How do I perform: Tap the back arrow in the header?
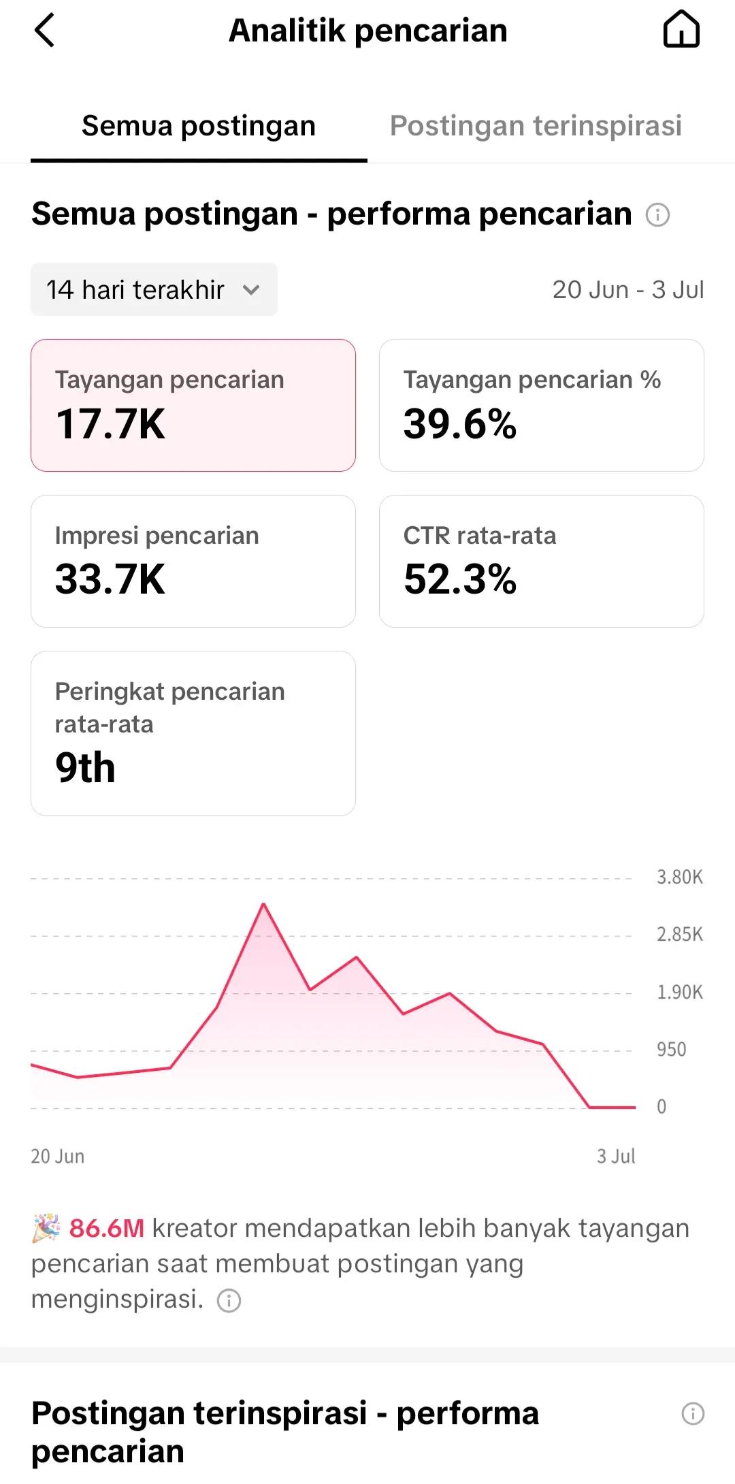point(44,31)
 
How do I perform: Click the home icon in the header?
point(681,31)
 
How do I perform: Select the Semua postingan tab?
point(199,126)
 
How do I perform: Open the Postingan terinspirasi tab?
point(536,126)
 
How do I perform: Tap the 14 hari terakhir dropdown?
point(154,289)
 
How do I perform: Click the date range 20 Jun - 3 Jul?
point(628,290)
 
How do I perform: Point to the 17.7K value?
point(110,424)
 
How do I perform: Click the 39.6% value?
point(460,424)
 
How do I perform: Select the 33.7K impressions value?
point(110,580)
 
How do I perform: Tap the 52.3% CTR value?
point(460,580)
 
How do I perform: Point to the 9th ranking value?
point(85,768)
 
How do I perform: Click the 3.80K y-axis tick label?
point(680,877)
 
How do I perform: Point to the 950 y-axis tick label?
point(672,1049)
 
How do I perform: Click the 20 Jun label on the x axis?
point(58,1156)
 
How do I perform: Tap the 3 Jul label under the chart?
point(616,1156)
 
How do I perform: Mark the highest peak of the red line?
point(263,904)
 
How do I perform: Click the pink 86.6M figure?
point(107,1228)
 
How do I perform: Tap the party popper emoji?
point(46,1229)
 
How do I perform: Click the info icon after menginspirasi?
point(229,1301)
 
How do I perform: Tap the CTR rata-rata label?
point(480,536)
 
